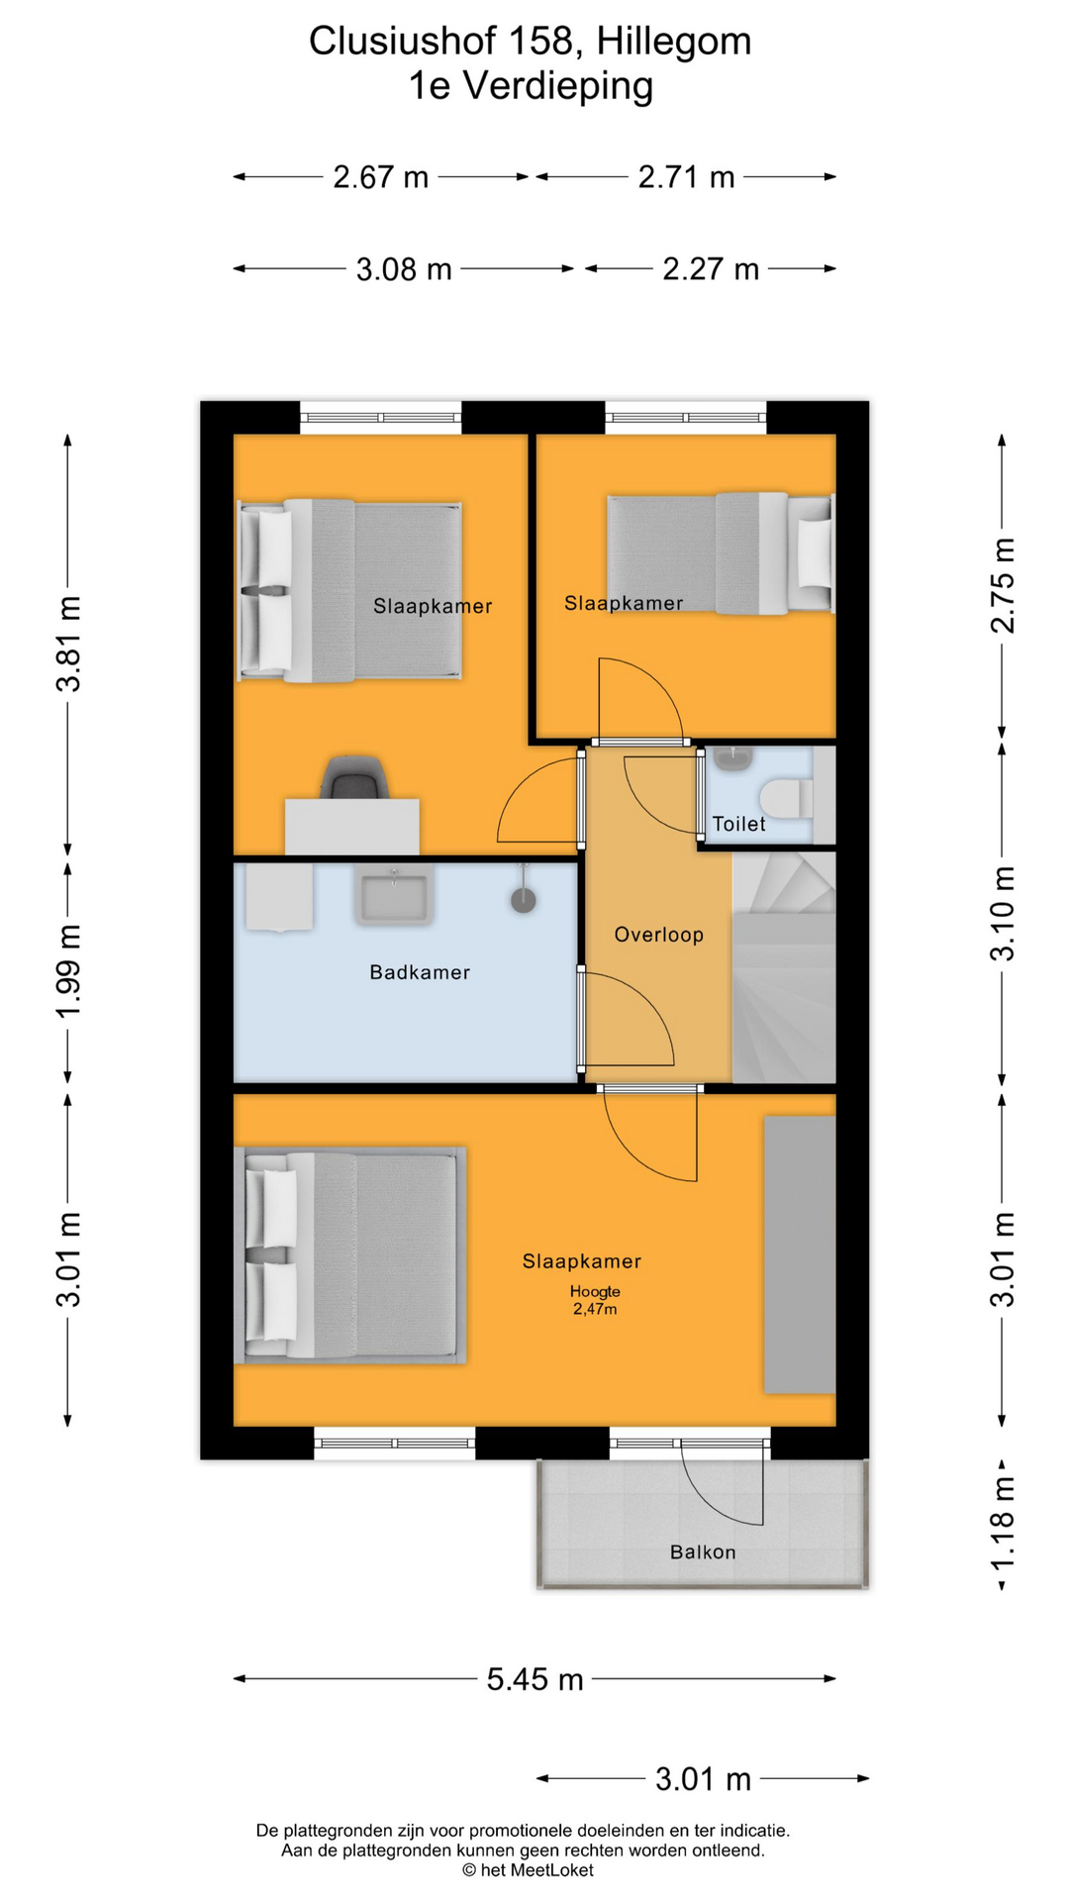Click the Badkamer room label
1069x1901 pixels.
[x=420, y=972]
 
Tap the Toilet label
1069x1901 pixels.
[x=738, y=824]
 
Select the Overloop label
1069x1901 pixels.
[x=658, y=935]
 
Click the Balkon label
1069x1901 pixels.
[x=703, y=1551]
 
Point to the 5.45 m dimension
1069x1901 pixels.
[x=534, y=1679]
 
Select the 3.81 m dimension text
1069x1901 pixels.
[x=68, y=644]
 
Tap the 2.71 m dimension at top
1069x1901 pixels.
[x=686, y=177]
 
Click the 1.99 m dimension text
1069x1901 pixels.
[x=68, y=970]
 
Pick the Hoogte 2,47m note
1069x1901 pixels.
[x=595, y=1300]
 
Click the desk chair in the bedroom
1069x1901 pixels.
[x=354, y=777]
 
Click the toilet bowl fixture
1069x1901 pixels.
[x=786, y=798]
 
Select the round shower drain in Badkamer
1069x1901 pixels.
[x=523, y=900]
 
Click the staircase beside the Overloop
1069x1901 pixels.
[x=784, y=965]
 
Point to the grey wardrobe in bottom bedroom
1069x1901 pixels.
[x=799, y=1254]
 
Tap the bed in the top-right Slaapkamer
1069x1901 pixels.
[x=720, y=553]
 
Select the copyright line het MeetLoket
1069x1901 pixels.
[x=528, y=1869]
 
